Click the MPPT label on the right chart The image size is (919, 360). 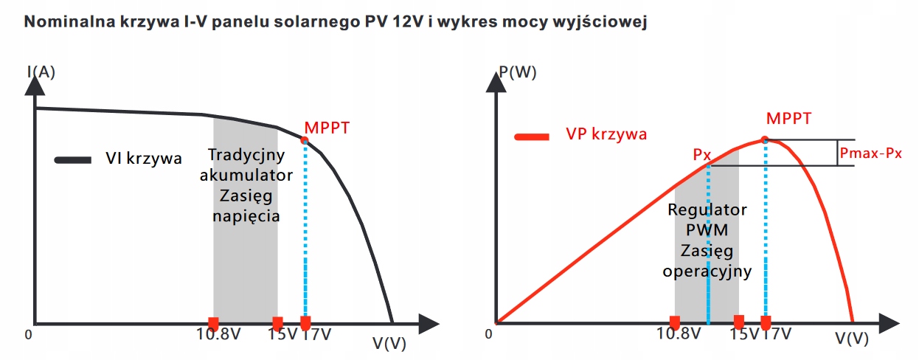(788, 118)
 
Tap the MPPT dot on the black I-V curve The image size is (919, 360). (305, 139)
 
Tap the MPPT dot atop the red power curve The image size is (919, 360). (765, 139)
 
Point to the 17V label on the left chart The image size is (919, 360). (317, 333)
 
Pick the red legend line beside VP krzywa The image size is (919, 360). (533, 136)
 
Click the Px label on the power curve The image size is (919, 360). (701, 155)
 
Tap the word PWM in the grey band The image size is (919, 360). (707, 229)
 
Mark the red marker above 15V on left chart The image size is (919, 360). (278, 323)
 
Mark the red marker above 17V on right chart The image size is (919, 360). (766, 322)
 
